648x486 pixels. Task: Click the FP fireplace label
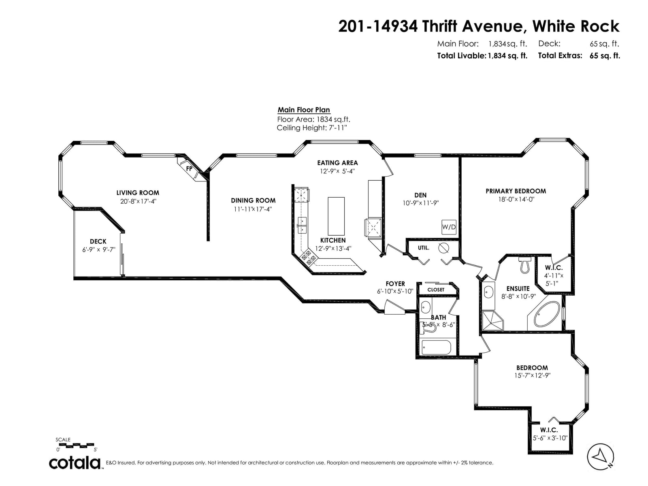click(x=189, y=168)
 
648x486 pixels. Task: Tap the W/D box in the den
click(x=449, y=227)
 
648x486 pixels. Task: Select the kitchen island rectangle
click(x=336, y=216)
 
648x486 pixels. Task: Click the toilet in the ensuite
click(x=524, y=265)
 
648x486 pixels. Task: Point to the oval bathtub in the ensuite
click(x=547, y=313)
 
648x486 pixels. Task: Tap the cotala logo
click(x=75, y=463)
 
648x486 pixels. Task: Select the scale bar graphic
click(x=75, y=445)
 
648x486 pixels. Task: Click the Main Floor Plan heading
click(x=303, y=110)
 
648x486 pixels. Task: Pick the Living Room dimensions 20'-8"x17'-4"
click(x=138, y=201)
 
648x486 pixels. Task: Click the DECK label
click(x=98, y=241)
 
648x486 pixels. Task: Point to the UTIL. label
click(x=423, y=248)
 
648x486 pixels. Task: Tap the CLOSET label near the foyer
click(x=436, y=290)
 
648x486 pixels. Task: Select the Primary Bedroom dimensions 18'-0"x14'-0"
click(x=516, y=199)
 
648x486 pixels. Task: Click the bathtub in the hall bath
click(x=436, y=347)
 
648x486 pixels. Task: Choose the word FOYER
click(x=395, y=283)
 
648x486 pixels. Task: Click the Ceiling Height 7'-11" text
click(x=312, y=128)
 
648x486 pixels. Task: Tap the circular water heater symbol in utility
click(x=443, y=248)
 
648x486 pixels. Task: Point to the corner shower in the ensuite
click(x=492, y=320)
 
